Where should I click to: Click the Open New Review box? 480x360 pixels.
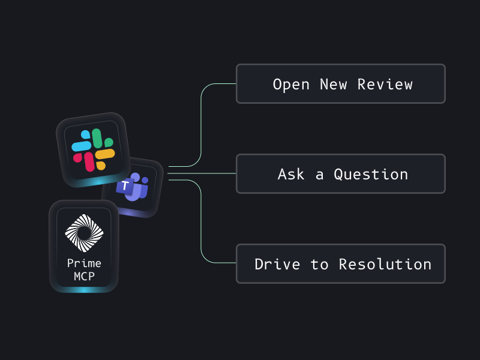click(x=340, y=84)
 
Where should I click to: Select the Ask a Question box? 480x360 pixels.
click(x=340, y=174)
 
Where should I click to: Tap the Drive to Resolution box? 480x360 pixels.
click(x=340, y=264)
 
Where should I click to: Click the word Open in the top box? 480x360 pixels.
click(x=291, y=85)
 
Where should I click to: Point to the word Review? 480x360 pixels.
click(x=385, y=85)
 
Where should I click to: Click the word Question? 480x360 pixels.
click(x=371, y=175)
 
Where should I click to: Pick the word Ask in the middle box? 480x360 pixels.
click(x=292, y=175)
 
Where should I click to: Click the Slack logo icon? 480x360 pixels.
click(x=93, y=150)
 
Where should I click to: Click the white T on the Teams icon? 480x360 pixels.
click(x=125, y=186)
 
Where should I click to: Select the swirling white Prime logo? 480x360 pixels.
click(x=84, y=233)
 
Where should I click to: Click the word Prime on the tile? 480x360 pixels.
click(x=84, y=263)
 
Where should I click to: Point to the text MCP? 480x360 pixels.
click(x=84, y=277)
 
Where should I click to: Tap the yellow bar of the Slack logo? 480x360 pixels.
click(x=105, y=155)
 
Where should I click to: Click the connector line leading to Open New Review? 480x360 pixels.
click(x=201, y=120)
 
